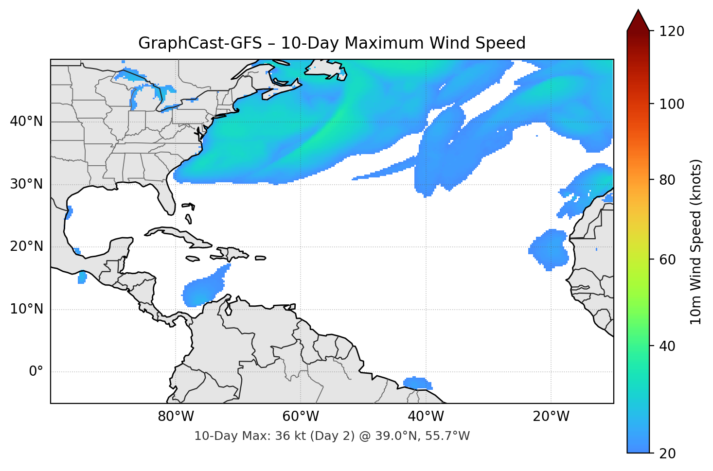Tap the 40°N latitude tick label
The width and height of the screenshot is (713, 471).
(x=26, y=122)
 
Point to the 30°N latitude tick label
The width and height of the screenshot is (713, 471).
(x=26, y=184)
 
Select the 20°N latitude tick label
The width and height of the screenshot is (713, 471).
(x=26, y=246)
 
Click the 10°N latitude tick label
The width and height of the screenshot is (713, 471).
(x=26, y=309)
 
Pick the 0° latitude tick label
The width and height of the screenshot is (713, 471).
(x=36, y=372)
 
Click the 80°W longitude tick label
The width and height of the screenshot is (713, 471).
(x=176, y=417)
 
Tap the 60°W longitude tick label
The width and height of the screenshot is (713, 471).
(x=301, y=417)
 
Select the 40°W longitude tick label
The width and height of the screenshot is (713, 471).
(x=426, y=417)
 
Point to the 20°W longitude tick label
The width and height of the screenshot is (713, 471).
(x=551, y=417)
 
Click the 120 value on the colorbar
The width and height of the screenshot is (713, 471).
(x=672, y=32)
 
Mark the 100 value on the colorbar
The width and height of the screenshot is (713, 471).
(x=672, y=104)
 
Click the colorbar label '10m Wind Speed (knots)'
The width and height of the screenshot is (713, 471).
(x=696, y=242)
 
